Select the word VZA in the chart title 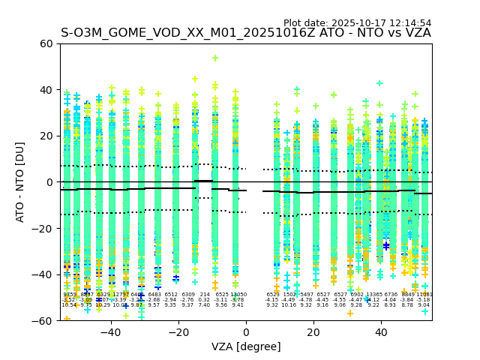click(416, 34)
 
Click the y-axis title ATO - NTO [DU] click(20, 182)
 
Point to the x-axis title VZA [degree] click(246, 346)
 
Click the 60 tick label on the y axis click(46, 43)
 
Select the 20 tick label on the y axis click(46, 136)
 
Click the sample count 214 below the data click(205, 295)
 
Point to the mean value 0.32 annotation click(205, 300)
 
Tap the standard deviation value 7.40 click(205, 305)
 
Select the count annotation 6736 click(391, 295)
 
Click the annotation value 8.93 click(391, 305)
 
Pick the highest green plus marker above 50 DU click(215, 58)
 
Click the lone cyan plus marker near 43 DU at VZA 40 click(379, 83)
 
